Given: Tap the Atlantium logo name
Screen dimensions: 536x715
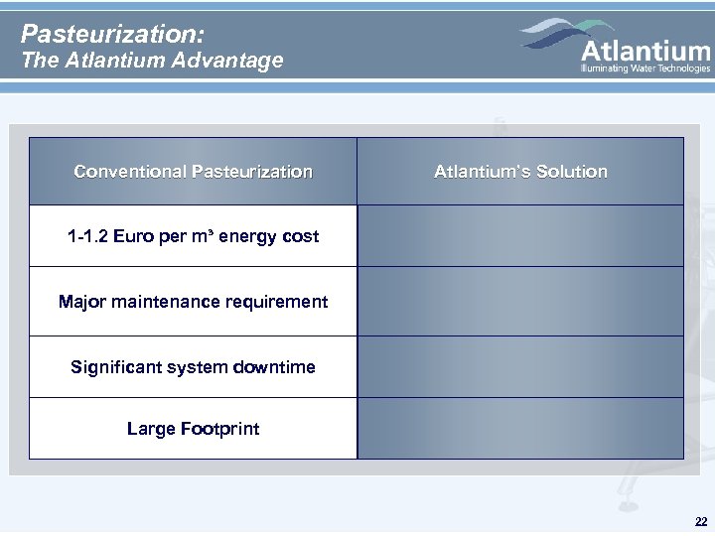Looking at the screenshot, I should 644,50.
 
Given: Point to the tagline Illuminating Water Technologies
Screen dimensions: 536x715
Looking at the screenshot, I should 644,68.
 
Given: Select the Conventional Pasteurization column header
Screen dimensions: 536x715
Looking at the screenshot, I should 193,172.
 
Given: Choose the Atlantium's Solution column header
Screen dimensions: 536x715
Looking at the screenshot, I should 520,172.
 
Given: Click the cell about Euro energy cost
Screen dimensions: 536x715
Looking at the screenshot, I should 193,236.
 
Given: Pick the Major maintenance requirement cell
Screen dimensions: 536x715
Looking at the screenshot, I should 193,301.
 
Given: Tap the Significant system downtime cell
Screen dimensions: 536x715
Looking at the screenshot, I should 193,367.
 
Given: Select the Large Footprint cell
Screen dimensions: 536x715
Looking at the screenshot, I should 193,429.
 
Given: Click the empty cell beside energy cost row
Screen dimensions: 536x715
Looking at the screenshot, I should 520,236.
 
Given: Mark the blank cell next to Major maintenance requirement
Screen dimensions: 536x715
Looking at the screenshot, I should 520,301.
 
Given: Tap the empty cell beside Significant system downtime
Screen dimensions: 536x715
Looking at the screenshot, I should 520,367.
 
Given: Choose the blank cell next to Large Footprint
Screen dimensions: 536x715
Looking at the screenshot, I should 520,429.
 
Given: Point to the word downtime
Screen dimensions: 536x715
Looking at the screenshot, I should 277,367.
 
